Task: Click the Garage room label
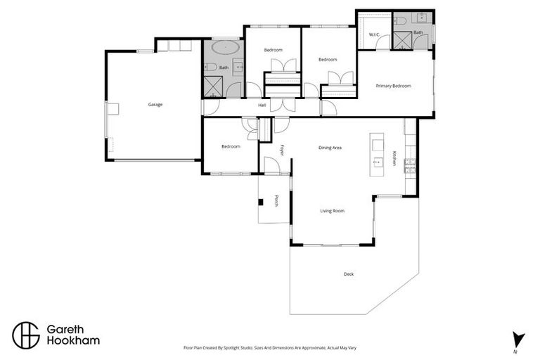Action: pos(155,105)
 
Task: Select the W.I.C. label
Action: pos(374,34)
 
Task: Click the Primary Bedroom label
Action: pos(393,86)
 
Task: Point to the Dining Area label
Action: pos(330,148)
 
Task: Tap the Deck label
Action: pos(349,274)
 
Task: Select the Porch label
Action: pos(276,201)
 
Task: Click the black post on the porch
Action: pos(261,202)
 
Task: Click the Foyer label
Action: pos(282,150)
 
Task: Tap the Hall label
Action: pos(262,105)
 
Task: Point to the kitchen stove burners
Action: pos(410,166)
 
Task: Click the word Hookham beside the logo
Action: pos(73,341)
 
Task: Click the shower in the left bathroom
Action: pos(213,86)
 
